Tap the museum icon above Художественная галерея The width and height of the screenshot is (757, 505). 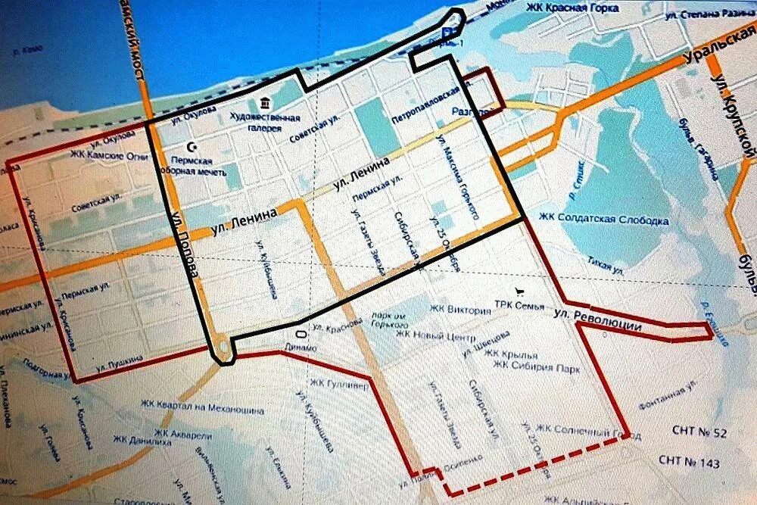[x=264, y=102]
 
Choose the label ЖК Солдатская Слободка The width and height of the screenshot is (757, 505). [x=603, y=220]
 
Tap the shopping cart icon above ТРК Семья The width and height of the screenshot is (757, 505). [x=519, y=290]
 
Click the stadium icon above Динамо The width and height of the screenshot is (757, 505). [x=301, y=333]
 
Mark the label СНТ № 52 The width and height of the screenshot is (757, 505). [x=699, y=432]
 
